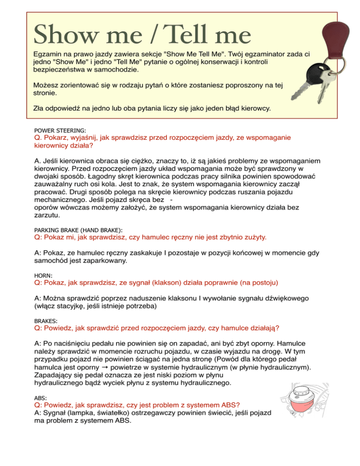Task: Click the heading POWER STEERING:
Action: (60, 130)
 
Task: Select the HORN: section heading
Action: (43, 275)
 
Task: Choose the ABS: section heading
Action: (41, 397)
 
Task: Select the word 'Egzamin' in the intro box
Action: (48, 54)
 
